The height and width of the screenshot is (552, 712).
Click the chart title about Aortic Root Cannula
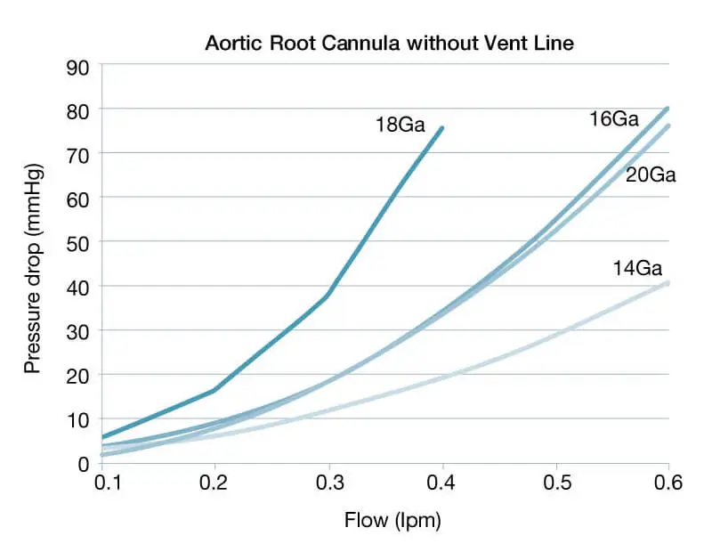pyautogui.click(x=390, y=43)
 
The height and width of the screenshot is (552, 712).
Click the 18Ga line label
pyautogui.click(x=400, y=125)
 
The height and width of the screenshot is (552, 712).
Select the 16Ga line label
pyautogui.click(x=613, y=118)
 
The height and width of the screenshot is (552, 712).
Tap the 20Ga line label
pyautogui.click(x=651, y=175)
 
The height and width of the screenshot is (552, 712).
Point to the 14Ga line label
pyautogui.click(x=637, y=267)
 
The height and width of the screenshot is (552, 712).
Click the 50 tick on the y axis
pyautogui.click(x=78, y=241)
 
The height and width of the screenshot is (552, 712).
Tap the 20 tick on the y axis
pyautogui.click(x=78, y=374)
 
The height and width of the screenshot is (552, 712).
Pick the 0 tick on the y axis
pyautogui.click(x=84, y=463)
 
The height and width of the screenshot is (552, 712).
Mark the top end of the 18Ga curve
pyautogui.click(x=441, y=128)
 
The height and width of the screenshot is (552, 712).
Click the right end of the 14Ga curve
pyautogui.click(x=667, y=282)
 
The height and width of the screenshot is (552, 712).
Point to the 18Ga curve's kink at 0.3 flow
pyautogui.click(x=328, y=296)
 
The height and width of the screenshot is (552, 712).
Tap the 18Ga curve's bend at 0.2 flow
pyautogui.click(x=214, y=390)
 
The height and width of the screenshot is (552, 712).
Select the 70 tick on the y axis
pyautogui.click(x=78, y=153)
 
